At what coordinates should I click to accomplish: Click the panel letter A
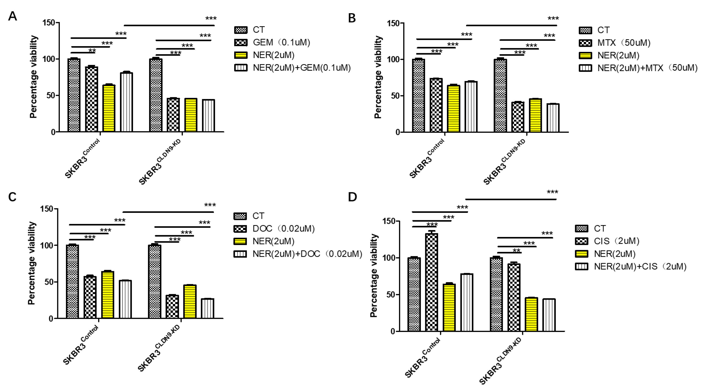(x=12, y=16)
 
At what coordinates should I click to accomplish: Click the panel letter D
(x=352, y=197)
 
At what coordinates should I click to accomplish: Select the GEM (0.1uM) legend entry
(x=281, y=42)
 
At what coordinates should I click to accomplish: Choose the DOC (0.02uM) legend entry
(x=283, y=229)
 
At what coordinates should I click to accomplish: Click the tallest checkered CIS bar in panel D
(x=432, y=282)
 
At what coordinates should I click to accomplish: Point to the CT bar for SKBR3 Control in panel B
(x=419, y=95)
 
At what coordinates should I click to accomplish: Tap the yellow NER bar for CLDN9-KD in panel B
(x=535, y=115)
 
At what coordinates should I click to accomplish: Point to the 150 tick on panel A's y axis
(x=49, y=23)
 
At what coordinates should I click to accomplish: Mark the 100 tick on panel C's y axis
(x=47, y=245)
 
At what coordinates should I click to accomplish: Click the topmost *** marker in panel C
(x=210, y=205)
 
